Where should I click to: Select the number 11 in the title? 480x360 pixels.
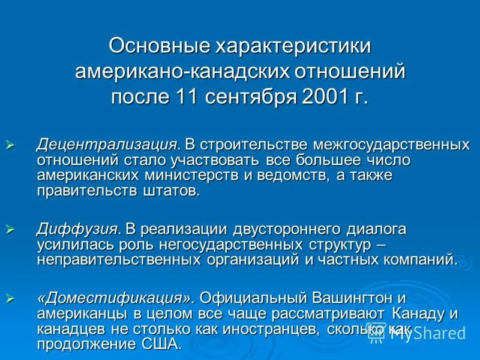click(x=187, y=96)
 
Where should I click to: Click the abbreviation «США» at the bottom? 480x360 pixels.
click(x=159, y=344)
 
